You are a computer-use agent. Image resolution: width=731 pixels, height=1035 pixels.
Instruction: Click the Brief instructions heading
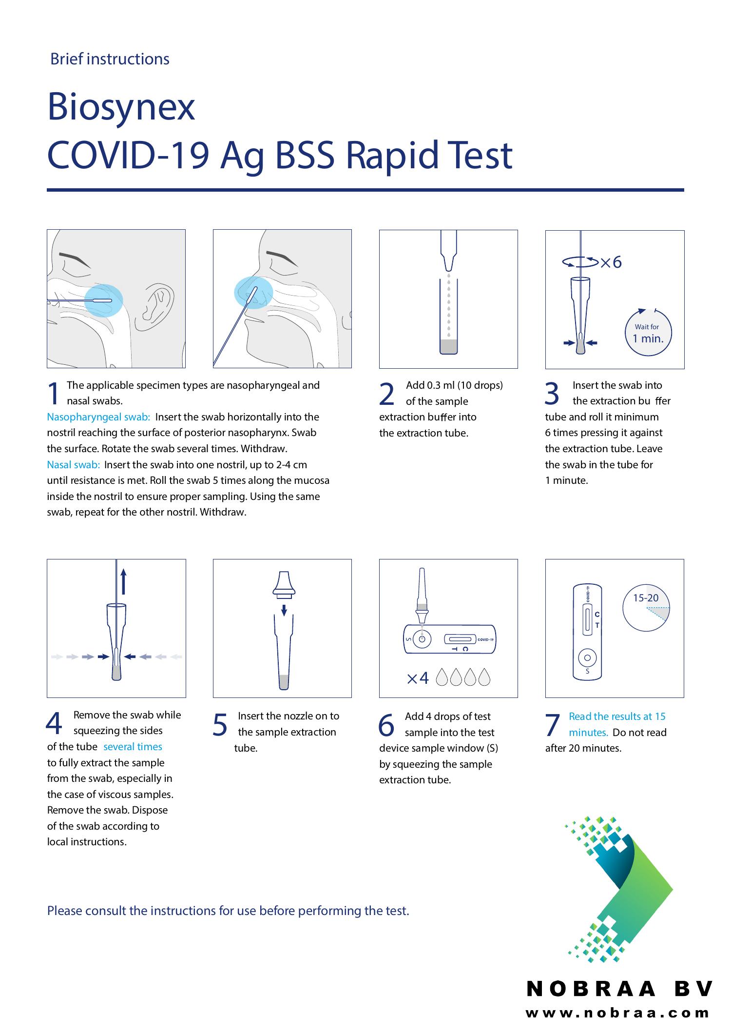110,59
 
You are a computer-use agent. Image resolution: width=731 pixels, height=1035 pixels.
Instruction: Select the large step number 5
220,725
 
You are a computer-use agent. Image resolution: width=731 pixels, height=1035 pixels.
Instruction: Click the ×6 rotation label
611,262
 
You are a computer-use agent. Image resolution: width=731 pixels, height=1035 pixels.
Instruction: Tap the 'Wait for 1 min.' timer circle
648,333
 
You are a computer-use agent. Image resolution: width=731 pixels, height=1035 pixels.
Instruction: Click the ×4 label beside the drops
418,678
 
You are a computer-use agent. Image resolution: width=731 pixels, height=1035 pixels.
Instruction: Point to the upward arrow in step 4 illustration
124,581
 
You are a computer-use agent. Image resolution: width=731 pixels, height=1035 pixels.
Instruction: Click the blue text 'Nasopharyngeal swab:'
98,417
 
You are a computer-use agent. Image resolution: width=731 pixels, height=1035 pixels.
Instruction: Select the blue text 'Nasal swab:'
73,465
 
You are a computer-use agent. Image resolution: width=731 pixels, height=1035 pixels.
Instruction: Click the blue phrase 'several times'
133,747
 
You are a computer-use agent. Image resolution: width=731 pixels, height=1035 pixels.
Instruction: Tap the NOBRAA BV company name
619,989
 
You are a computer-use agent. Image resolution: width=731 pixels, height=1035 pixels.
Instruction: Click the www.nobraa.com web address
617,1013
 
